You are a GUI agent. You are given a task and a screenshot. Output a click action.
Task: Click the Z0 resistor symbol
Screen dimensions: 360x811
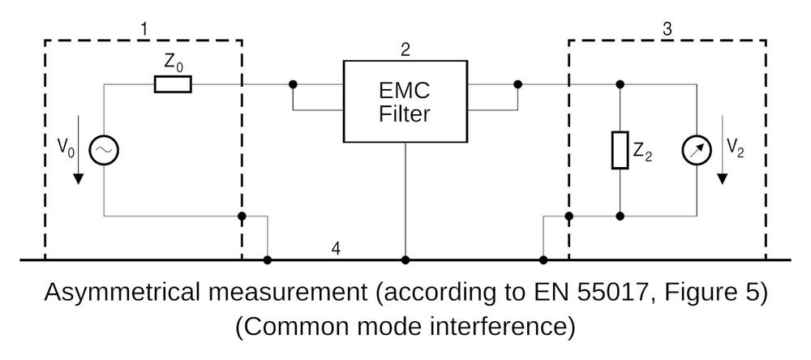[173, 84]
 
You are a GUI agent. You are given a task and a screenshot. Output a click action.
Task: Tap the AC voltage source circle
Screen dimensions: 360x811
[104, 150]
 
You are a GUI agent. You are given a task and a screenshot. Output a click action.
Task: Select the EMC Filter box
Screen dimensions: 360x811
[405, 101]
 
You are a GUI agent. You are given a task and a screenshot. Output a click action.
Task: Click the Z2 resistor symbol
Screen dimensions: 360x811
[620, 151]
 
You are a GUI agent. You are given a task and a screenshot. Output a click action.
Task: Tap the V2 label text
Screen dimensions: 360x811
[735, 148]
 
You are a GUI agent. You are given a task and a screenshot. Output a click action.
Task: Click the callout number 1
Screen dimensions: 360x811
[144, 30]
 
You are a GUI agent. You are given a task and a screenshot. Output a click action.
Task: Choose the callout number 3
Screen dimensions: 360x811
[667, 30]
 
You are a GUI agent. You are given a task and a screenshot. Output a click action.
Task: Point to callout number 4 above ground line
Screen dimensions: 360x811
[336, 247]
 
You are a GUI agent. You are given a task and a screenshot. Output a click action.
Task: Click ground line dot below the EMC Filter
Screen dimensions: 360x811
[405, 260]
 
